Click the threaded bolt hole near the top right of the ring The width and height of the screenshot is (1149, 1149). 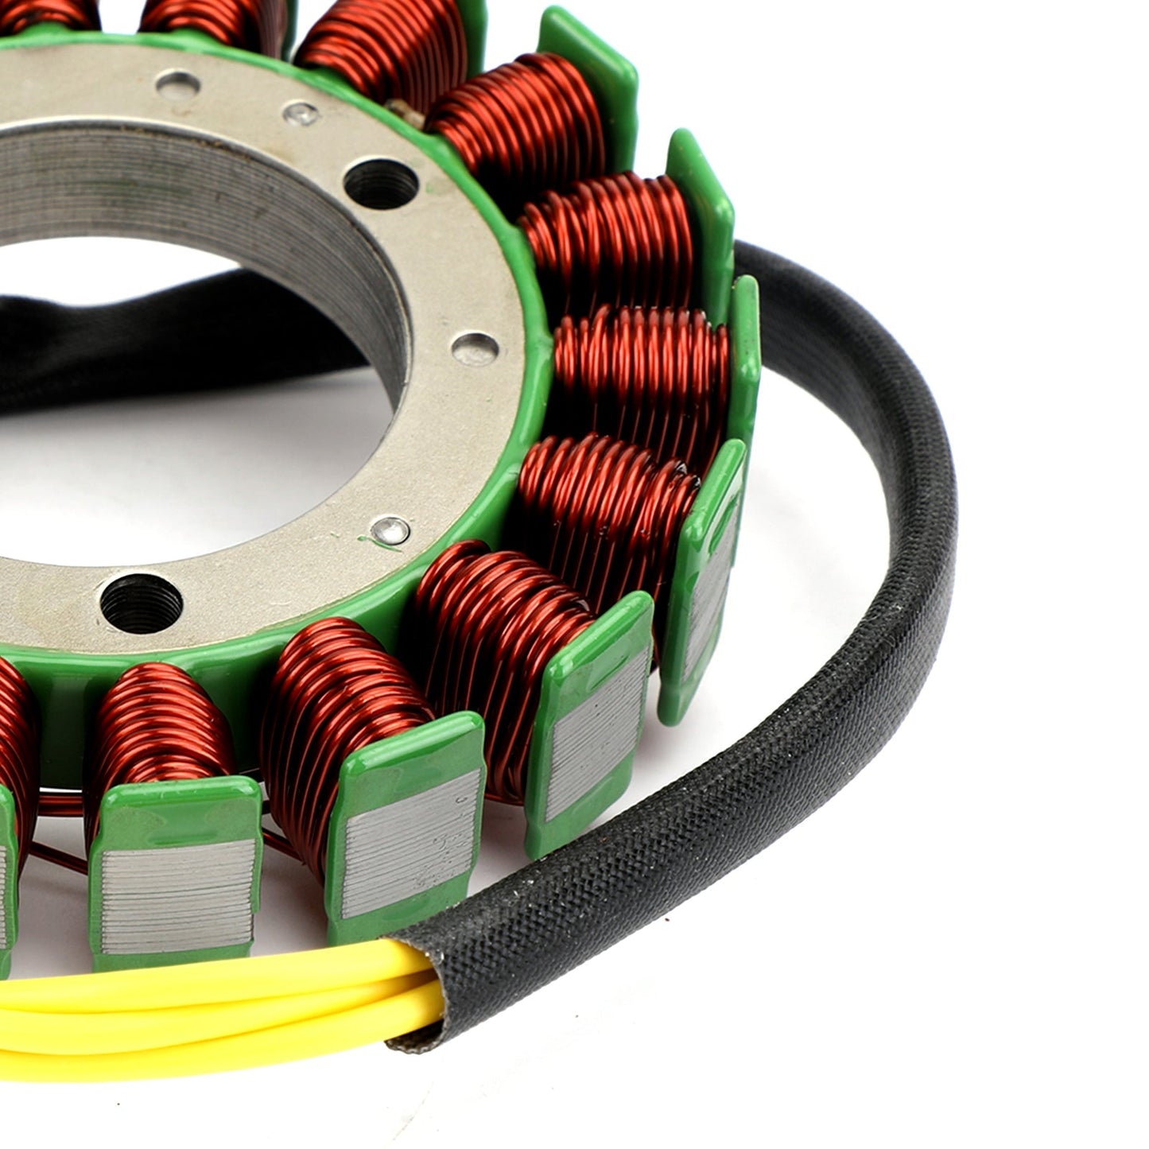381,183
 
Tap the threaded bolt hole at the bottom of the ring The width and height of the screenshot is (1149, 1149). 141,603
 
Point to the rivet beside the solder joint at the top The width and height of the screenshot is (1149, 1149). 301,114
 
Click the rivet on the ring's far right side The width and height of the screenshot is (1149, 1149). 475,348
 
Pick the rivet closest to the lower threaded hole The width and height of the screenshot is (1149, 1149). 390,530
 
